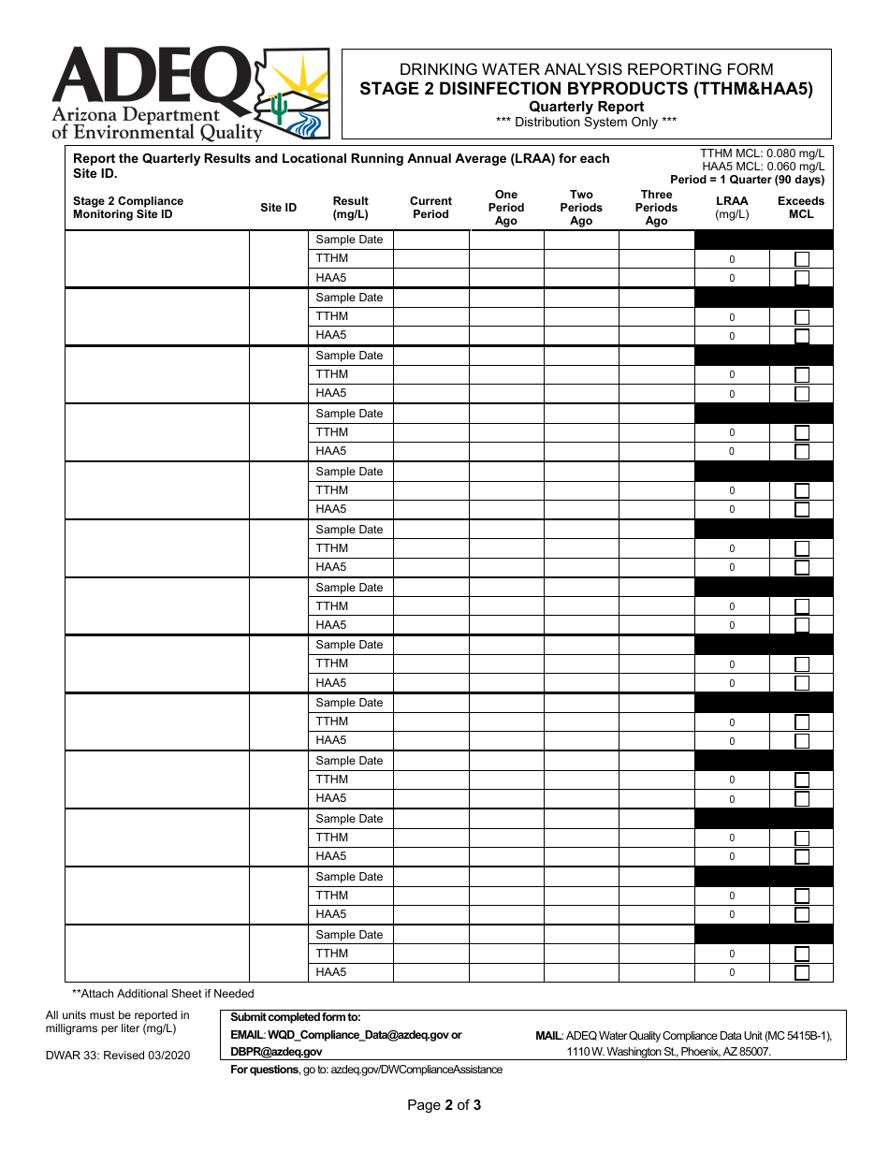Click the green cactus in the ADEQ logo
click(x=279, y=108)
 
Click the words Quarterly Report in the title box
click(x=586, y=107)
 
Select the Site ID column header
click(x=278, y=208)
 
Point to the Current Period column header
click(x=430, y=208)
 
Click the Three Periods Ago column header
click(x=656, y=208)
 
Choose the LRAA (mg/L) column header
click(x=732, y=208)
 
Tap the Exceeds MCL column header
click(x=801, y=208)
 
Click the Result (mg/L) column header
click(x=350, y=208)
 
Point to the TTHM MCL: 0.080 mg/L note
click(x=762, y=153)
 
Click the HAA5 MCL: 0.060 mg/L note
click(x=763, y=167)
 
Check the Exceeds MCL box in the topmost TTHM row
click(x=802, y=259)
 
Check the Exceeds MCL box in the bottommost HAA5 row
click(x=802, y=972)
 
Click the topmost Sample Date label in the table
click(x=349, y=240)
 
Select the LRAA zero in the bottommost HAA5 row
click(x=732, y=973)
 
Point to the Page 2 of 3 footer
click(x=444, y=1105)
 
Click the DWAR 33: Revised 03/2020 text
click(x=118, y=1055)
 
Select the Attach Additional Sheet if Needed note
click(x=163, y=994)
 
